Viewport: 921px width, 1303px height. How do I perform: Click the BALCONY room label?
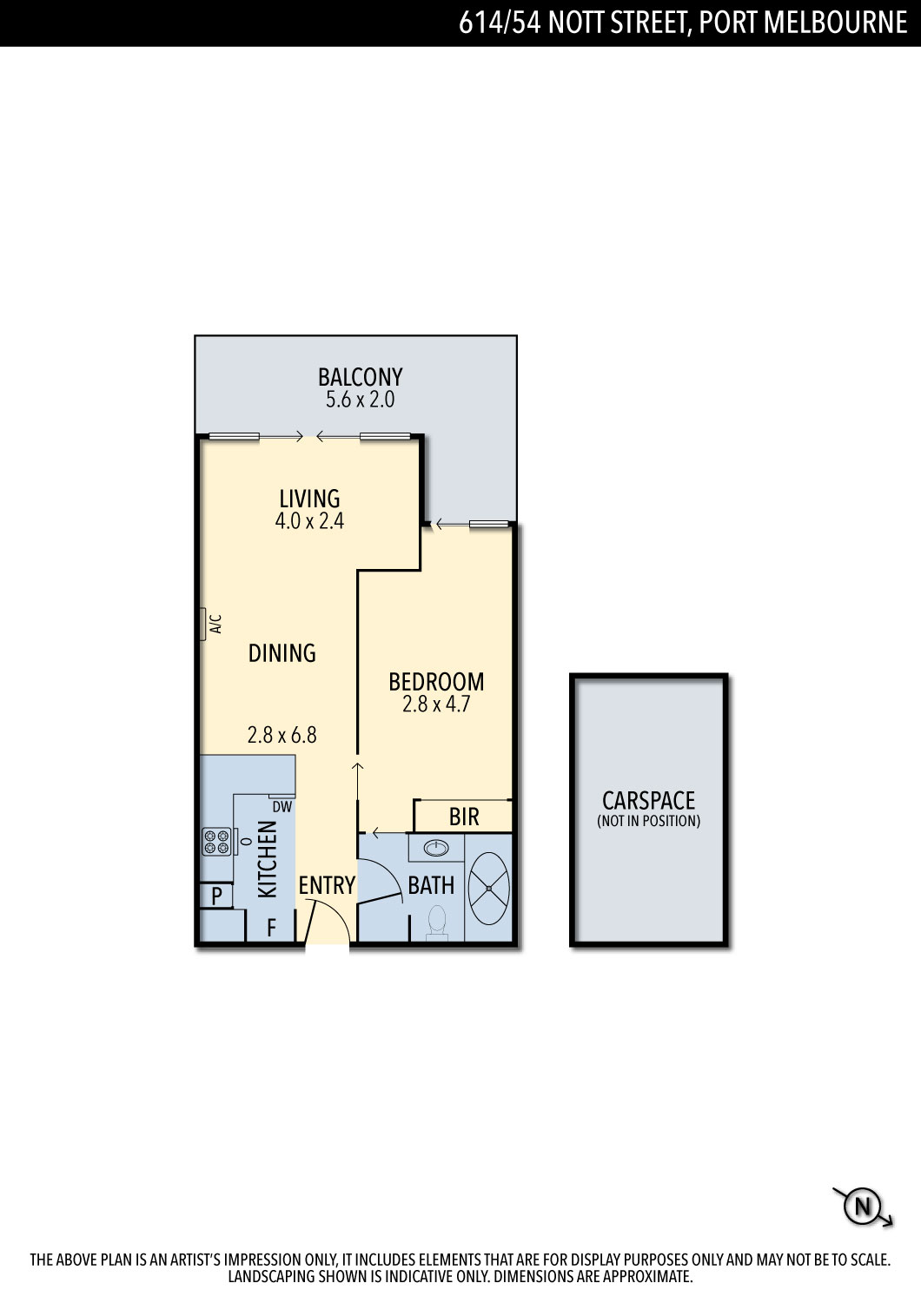[360, 378]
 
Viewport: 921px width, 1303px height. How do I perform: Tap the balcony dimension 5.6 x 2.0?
[360, 400]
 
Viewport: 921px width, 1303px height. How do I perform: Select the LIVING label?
[309, 499]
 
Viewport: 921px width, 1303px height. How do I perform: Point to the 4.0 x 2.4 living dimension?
[309, 520]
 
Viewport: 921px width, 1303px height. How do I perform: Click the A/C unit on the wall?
[203, 625]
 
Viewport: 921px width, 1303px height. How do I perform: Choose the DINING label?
[282, 653]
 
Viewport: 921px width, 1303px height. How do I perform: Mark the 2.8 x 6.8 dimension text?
[282, 735]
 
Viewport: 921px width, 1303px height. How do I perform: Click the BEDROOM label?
[436, 682]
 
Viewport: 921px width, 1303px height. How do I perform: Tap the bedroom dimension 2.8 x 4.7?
[436, 704]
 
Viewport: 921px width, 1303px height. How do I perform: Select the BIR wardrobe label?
[464, 817]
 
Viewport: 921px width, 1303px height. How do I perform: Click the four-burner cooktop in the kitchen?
[216, 841]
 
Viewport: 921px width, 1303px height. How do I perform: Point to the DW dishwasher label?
[282, 807]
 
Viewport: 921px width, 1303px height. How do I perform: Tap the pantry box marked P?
[216, 896]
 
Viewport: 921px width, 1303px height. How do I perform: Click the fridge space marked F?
[271, 928]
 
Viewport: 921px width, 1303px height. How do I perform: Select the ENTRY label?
[327, 885]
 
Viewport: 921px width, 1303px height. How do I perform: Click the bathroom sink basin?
[436, 849]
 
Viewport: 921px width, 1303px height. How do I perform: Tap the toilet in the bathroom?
[436, 923]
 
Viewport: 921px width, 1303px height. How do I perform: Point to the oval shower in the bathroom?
[488, 889]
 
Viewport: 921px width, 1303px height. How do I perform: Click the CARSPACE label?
[649, 801]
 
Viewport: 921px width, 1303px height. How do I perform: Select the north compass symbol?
[862, 1207]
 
